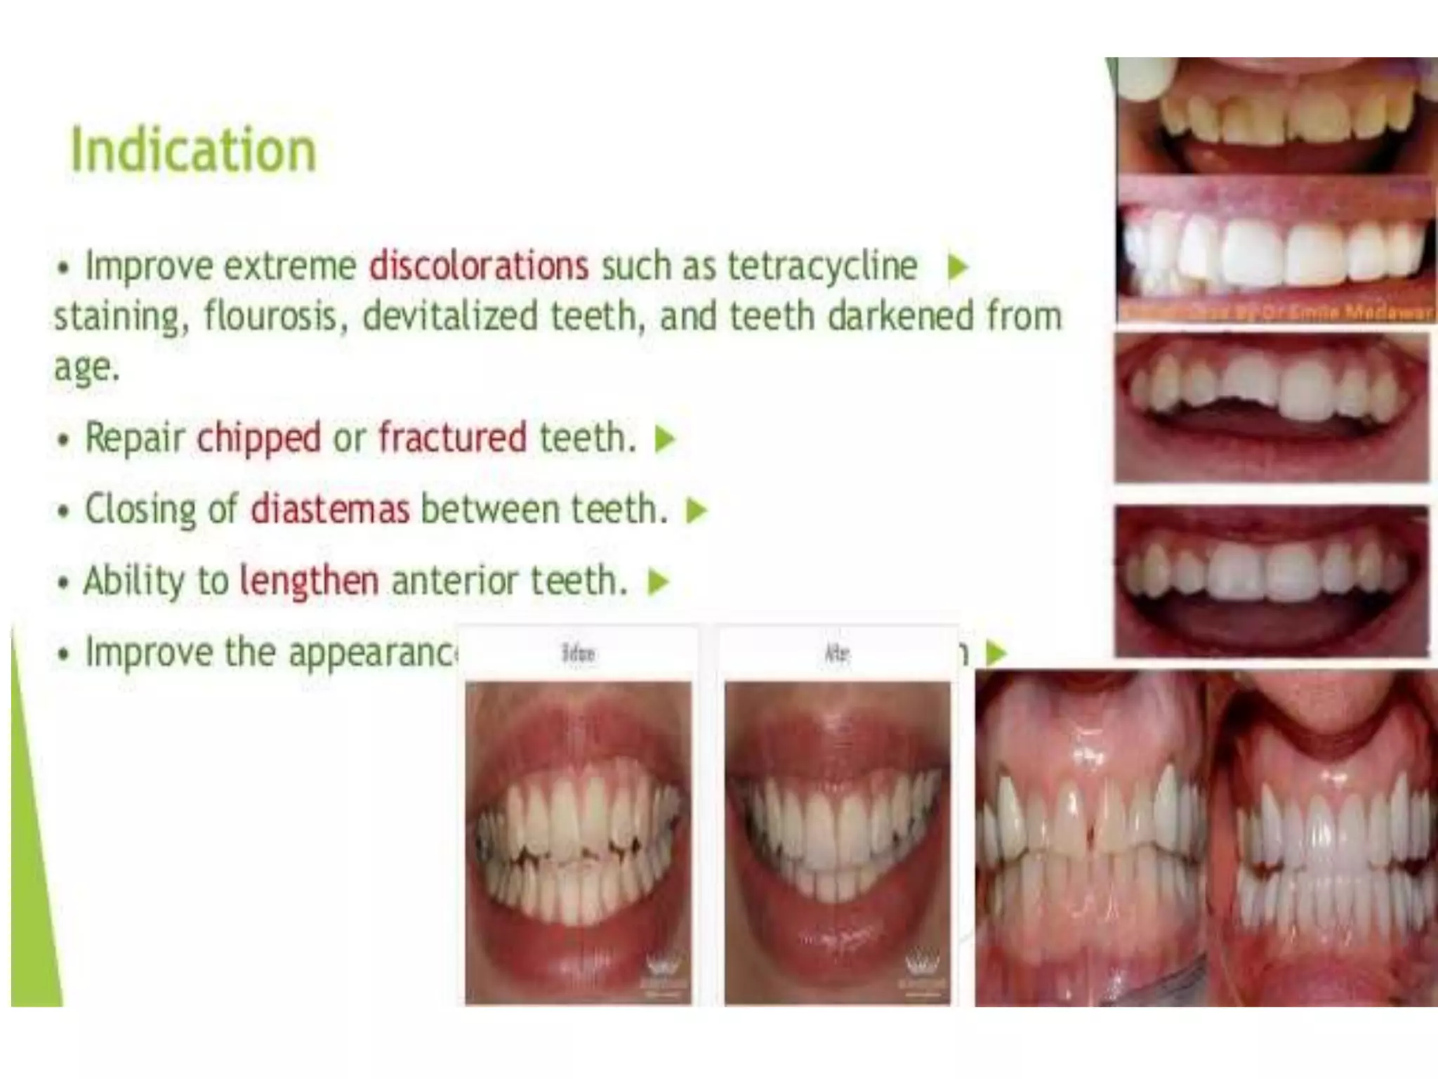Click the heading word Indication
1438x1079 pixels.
[194, 150]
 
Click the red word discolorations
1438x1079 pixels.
[479, 266]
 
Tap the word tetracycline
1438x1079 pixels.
[822, 266]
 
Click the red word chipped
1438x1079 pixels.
[259, 438]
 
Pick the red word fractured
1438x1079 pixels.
[452, 438]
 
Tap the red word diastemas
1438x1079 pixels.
[330, 509]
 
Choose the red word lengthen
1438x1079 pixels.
[309, 581]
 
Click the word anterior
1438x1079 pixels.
[454, 581]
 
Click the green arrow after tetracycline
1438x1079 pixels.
[958, 267]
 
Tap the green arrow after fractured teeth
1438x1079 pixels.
[664, 439]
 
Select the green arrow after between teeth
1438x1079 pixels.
[697, 510]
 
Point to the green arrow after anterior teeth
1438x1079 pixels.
[657, 582]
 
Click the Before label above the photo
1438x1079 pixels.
[578, 654]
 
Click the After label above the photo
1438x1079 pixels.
[836, 654]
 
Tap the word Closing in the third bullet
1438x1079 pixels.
[140, 509]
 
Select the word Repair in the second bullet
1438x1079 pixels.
[134, 438]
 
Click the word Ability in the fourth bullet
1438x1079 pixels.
[134, 581]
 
